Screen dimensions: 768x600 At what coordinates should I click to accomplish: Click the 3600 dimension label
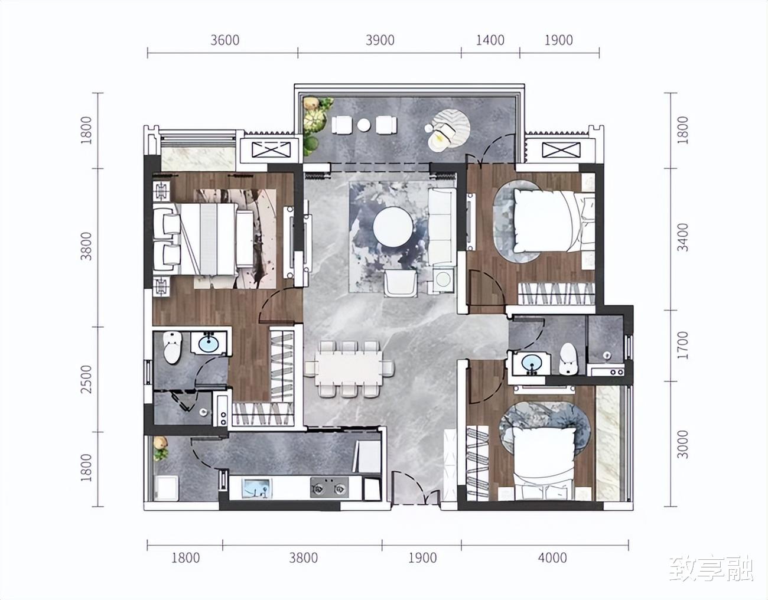click(x=224, y=40)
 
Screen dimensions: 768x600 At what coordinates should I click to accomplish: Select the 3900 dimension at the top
click(x=380, y=40)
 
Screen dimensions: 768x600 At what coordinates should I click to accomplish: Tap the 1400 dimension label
click(x=490, y=40)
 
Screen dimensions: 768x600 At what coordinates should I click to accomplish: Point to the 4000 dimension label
click(x=552, y=558)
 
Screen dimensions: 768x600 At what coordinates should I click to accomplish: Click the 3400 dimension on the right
click(x=684, y=237)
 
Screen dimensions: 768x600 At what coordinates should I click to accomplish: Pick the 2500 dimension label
click(x=86, y=379)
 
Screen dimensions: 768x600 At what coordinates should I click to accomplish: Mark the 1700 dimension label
click(x=684, y=345)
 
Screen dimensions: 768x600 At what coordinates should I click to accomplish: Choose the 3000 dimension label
click(x=684, y=444)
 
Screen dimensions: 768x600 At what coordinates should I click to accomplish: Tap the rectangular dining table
click(x=348, y=369)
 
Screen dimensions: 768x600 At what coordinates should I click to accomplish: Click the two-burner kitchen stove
click(x=330, y=488)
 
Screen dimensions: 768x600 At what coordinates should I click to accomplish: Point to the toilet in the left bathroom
click(x=173, y=347)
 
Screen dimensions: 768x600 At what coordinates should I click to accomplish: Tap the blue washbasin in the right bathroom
click(x=531, y=363)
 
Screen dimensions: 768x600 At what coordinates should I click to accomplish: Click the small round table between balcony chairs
click(x=363, y=125)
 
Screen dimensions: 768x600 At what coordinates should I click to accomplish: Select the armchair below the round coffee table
click(x=400, y=283)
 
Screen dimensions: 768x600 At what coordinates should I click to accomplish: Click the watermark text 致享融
click(x=711, y=570)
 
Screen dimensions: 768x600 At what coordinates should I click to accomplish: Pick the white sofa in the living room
click(x=442, y=227)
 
